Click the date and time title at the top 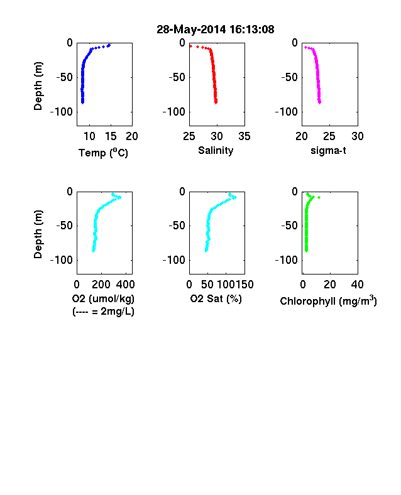click(x=216, y=30)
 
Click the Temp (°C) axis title click(x=103, y=153)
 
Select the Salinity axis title click(x=216, y=151)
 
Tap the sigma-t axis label click(x=328, y=151)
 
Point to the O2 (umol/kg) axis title click(x=103, y=298)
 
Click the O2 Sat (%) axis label click(x=216, y=298)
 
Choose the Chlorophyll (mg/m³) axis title click(x=328, y=301)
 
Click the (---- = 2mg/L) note click(x=103, y=312)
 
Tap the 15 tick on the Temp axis click(x=111, y=136)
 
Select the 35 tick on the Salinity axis click(x=244, y=136)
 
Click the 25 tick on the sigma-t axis click(x=329, y=136)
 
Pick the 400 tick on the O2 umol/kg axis click(x=125, y=285)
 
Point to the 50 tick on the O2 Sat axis click(x=207, y=285)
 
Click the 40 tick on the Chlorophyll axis click(x=357, y=285)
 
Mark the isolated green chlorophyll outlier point click(x=319, y=198)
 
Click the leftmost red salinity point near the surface click(x=190, y=46)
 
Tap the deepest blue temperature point click(x=83, y=102)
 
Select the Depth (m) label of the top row click(x=38, y=86)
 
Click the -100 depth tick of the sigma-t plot click(x=287, y=112)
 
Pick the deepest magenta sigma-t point click(x=320, y=102)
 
